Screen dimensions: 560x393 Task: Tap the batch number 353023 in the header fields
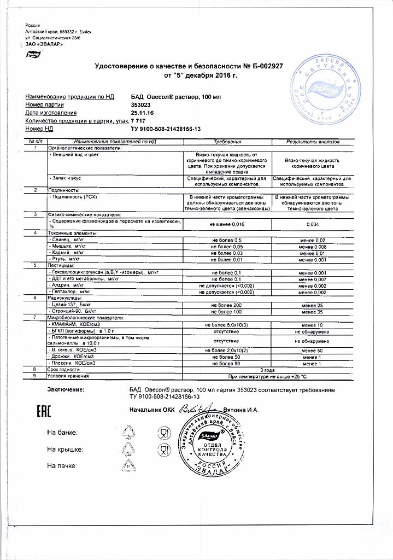(x=142, y=104)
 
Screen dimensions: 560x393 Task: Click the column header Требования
(x=226, y=142)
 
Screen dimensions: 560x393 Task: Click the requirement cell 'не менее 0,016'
(x=226, y=224)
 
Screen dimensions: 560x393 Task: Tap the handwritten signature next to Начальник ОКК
(x=195, y=408)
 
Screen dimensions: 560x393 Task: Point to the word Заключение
(x=66, y=389)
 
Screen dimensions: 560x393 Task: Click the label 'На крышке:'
(x=64, y=450)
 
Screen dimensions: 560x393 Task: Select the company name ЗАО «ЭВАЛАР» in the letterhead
(x=44, y=44)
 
